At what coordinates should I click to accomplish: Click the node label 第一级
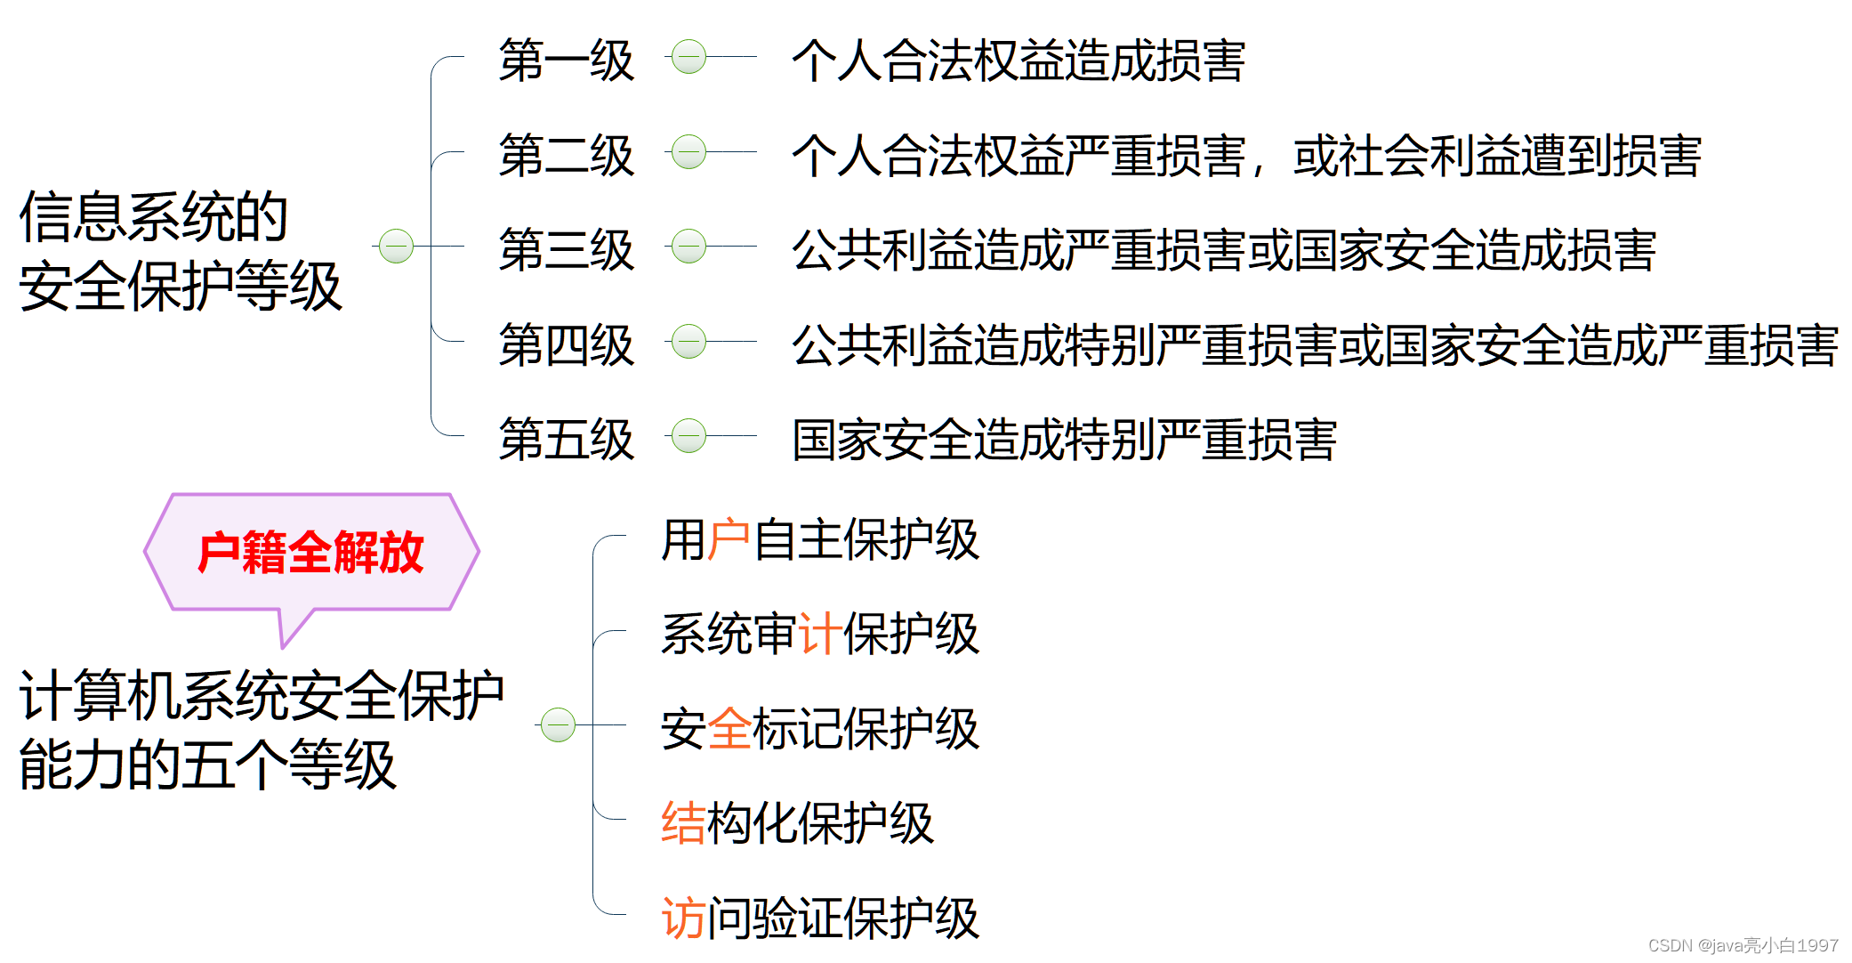coord(566,61)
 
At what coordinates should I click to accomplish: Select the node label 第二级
coord(566,156)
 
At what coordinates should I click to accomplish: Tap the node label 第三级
coord(566,250)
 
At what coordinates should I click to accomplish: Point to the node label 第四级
coord(566,345)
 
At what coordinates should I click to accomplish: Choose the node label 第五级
coord(566,440)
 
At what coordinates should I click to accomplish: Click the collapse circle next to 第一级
coord(688,57)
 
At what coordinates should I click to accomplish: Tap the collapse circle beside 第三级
coord(688,247)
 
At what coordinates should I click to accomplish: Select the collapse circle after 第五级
coord(688,436)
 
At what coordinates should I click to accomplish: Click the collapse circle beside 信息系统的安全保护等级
coord(396,247)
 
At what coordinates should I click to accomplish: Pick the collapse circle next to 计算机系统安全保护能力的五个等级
coord(558,724)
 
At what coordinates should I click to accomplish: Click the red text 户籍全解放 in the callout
coord(310,553)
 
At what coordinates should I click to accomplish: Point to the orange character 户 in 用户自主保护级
coord(729,539)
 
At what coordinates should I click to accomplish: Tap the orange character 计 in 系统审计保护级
coord(820,635)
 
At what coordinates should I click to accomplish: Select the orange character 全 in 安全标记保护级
coord(729,729)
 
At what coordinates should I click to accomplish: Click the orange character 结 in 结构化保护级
coord(683,823)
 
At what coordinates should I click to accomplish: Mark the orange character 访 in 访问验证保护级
coord(683,918)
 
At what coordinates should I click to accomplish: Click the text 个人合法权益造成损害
coord(1018,61)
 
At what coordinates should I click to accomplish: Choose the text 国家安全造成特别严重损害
coord(1064,440)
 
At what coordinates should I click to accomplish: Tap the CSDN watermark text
coord(1743,945)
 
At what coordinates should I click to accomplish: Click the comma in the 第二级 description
coord(1259,169)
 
